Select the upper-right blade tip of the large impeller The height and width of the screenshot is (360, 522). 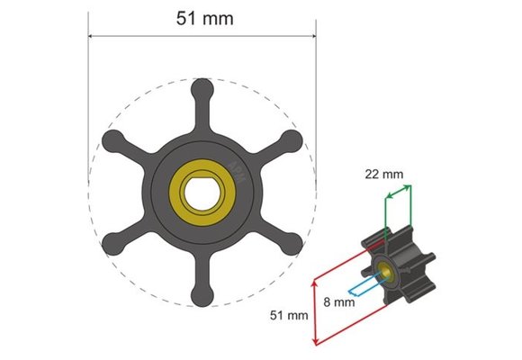click(x=290, y=140)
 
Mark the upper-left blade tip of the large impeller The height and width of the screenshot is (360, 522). click(x=113, y=140)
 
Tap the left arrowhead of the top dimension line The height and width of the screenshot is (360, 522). click(x=91, y=37)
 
